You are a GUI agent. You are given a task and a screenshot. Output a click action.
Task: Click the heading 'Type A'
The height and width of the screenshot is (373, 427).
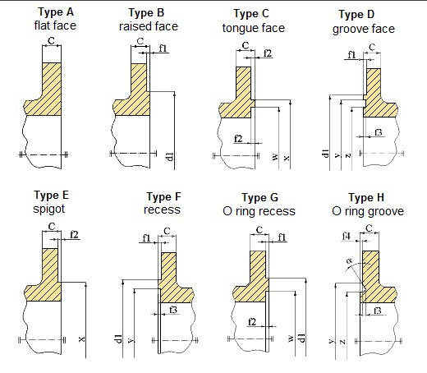click(x=56, y=12)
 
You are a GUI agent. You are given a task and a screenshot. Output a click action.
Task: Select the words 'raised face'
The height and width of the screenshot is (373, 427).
click(x=149, y=26)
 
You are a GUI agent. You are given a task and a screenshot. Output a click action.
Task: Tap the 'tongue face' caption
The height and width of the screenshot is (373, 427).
click(x=254, y=28)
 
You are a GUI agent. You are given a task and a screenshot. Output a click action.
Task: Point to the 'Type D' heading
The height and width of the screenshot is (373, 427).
click(x=356, y=15)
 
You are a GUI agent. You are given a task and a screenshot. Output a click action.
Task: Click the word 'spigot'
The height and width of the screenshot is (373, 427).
click(x=49, y=209)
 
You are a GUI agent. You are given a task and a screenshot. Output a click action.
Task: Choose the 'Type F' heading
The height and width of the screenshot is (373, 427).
click(x=163, y=197)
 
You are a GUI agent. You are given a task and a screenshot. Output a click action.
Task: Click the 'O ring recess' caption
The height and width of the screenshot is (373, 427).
click(x=259, y=211)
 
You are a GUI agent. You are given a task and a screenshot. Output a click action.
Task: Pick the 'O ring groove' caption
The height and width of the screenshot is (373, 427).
click(x=368, y=211)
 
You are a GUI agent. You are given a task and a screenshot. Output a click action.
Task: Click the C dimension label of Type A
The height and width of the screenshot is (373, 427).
click(x=51, y=41)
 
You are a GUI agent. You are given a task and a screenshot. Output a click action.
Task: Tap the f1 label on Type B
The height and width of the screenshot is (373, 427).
click(x=163, y=48)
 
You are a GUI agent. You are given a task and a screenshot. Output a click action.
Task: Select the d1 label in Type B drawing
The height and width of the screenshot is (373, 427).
click(x=170, y=157)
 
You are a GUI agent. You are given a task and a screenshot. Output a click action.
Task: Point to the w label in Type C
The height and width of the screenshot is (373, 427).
click(x=275, y=157)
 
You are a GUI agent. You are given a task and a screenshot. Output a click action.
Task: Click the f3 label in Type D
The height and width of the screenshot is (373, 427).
click(x=379, y=132)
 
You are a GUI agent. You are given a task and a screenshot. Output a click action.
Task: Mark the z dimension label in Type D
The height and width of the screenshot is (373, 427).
click(x=348, y=155)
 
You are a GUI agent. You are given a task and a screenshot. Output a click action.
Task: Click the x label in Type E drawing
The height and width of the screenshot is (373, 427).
click(x=81, y=339)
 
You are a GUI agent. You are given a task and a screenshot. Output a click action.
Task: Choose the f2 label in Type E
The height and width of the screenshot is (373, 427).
click(x=74, y=235)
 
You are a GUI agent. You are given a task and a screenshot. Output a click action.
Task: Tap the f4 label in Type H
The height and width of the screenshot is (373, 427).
click(x=347, y=236)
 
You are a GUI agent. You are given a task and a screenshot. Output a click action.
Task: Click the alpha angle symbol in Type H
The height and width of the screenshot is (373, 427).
click(x=349, y=260)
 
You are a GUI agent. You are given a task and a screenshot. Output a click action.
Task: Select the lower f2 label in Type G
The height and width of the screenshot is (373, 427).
click(x=252, y=322)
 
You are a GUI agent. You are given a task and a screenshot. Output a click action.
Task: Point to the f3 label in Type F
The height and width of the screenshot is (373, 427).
click(x=173, y=310)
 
